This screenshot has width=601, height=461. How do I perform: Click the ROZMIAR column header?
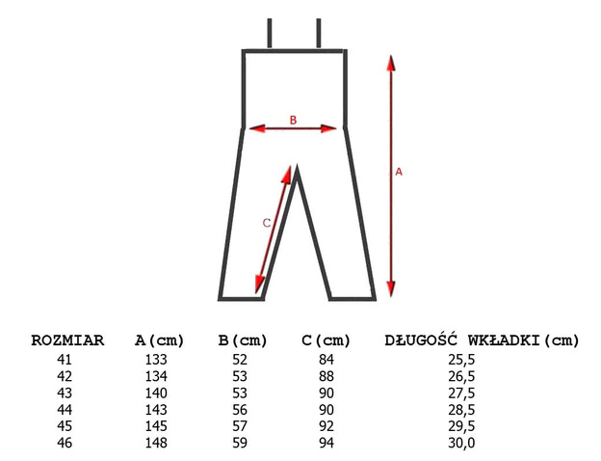[67, 340]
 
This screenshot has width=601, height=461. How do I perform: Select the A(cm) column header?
[160, 340]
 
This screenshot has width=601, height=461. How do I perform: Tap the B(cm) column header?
[243, 340]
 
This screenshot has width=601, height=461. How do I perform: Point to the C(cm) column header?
[326, 340]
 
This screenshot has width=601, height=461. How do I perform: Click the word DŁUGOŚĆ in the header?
[421, 339]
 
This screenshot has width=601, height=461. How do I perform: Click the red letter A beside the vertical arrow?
[399, 172]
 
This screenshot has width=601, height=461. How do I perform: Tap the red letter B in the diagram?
[293, 121]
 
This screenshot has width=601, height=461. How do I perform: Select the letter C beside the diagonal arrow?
[267, 223]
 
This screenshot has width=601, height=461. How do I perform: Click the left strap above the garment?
[270, 33]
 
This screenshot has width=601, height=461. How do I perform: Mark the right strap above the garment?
[319, 33]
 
